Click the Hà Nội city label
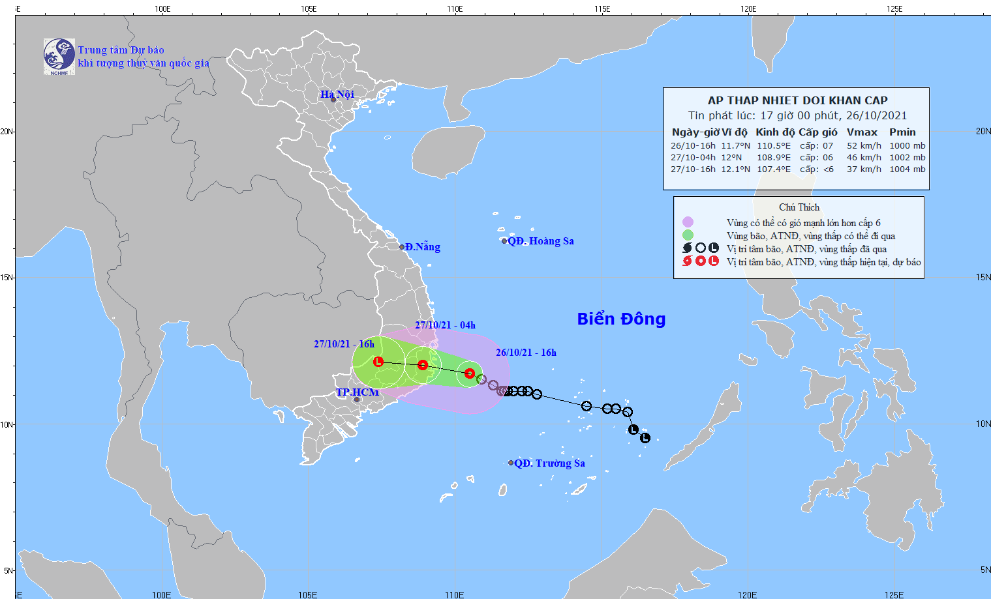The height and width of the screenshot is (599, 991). pos(337,95)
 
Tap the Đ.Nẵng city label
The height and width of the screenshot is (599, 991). pos(422,247)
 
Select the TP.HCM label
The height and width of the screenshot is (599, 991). pos(357,392)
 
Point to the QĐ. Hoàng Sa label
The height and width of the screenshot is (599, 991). pos(540,241)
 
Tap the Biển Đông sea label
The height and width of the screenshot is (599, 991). pos(621,319)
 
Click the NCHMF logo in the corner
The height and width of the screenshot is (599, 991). pos(59,56)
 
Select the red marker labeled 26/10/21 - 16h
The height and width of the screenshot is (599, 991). pos(470,373)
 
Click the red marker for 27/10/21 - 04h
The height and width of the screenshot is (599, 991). pos(423,365)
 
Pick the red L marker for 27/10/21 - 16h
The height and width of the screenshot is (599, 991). pos(378,362)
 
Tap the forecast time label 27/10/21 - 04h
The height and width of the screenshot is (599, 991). pos(445,325)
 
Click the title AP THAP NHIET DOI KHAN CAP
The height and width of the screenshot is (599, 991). pos(797,100)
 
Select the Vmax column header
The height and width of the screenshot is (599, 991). pos(862,132)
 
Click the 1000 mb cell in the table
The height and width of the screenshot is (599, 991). pos(907,146)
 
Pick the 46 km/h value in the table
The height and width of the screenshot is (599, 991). pos(864,158)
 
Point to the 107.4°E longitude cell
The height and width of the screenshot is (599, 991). pos(773,169)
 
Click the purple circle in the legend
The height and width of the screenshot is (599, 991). pos(688,222)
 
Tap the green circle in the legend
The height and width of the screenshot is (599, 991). pos(688,235)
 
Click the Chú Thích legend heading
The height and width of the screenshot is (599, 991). pos(799,207)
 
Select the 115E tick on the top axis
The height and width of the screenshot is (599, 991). pos(602,9)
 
